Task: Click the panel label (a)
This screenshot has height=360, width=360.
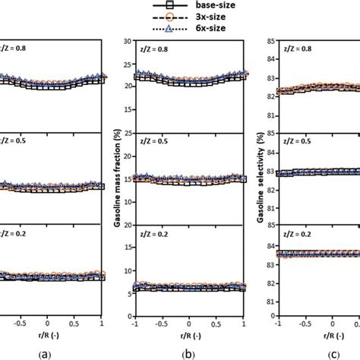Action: tap(47, 352)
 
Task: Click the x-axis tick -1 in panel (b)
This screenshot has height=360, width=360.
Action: tap(134, 322)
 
